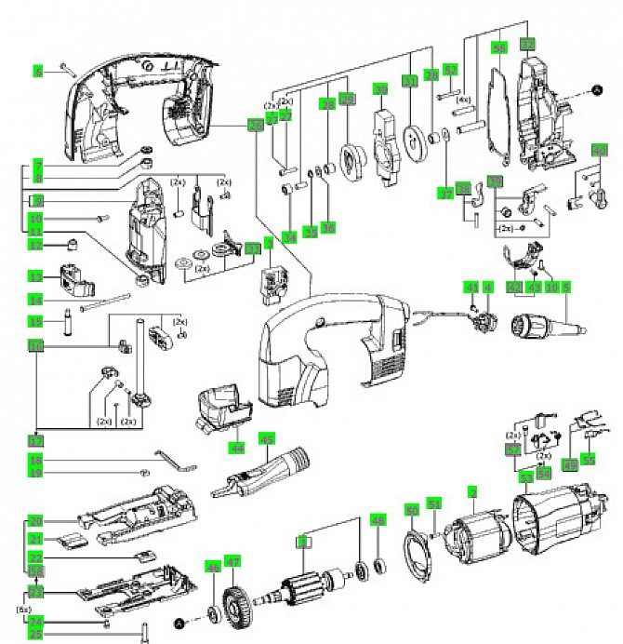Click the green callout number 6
click(38, 71)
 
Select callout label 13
click(36, 276)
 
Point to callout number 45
click(267, 439)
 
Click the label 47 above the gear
click(232, 561)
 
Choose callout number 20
click(36, 520)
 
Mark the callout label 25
click(36, 635)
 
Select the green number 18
click(36, 461)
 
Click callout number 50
click(412, 509)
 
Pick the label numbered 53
click(526, 477)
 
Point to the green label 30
click(380, 89)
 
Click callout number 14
click(36, 300)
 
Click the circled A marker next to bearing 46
click(179, 619)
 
